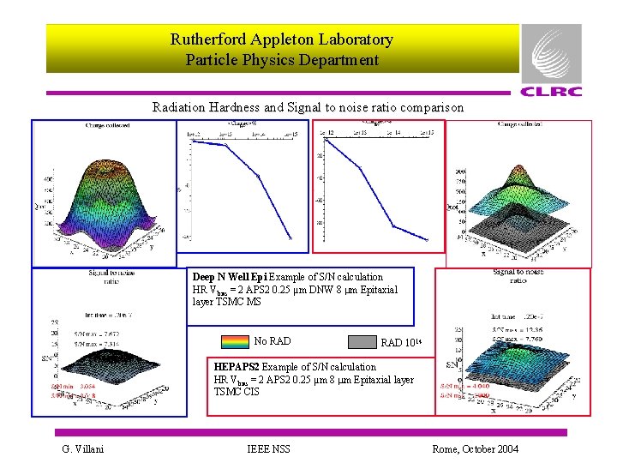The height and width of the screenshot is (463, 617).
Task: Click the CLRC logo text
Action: pyautogui.click(x=551, y=92)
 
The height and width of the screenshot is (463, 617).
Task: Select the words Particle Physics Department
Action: pyautogui.click(x=282, y=60)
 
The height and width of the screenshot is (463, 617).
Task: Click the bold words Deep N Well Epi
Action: pyautogui.click(x=230, y=277)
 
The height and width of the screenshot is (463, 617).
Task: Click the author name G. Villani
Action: pyautogui.click(x=82, y=449)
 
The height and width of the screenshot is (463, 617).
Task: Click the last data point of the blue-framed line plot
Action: pyautogui.click(x=291, y=238)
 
